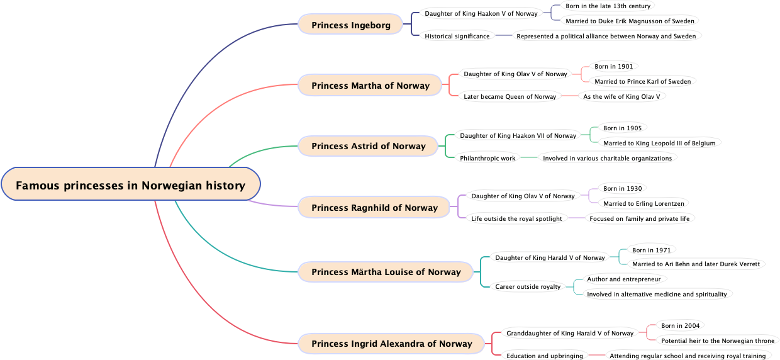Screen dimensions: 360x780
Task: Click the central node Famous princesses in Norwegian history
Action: (x=130, y=185)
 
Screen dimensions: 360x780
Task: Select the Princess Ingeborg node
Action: (x=350, y=25)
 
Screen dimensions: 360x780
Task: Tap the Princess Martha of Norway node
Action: (x=370, y=86)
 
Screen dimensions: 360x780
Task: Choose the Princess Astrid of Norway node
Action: (x=368, y=146)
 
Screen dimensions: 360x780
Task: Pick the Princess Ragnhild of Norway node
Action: (x=374, y=208)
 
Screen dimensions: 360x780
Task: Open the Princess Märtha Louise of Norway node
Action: (x=386, y=272)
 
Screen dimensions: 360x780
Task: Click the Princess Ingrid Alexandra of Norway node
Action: (x=391, y=344)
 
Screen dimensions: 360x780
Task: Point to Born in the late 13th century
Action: (x=608, y=6)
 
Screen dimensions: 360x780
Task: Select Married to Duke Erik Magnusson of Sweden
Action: (x=630, y=21)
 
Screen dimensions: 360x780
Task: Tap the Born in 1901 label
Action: (x=614, y=67)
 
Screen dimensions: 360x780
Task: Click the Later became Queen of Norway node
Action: (x=510, y=97)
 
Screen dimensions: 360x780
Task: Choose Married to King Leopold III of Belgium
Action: (x=659, y=143)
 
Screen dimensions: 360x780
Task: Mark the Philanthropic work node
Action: (x=487, y=159)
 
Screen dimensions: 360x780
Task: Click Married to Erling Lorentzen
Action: (x=643, y=204)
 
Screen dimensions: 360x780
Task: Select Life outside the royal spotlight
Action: (x=516, y=219)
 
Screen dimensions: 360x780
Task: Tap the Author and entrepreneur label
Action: (x=623, y=279)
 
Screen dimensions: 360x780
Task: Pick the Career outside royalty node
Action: (x=527, y=287)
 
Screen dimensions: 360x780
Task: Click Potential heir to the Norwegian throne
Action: (x=718, y=341)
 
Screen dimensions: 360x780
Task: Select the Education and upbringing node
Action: (x=545, y=356)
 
